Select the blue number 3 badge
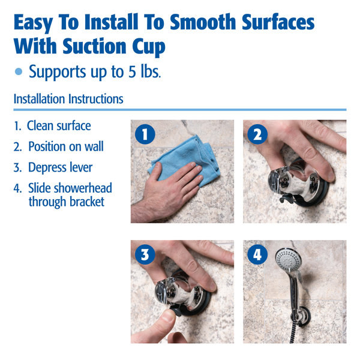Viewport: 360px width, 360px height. [144, 254]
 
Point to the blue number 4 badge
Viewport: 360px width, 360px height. [257, 254]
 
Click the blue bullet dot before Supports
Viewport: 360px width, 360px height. [19, 71]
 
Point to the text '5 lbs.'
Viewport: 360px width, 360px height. [145, 71]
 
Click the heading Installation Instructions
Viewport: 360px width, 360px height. [68, 99]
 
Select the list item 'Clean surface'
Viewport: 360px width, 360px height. [58, 126]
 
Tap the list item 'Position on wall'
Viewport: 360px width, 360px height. [65, 146]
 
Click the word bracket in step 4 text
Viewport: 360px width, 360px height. [83, 202]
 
